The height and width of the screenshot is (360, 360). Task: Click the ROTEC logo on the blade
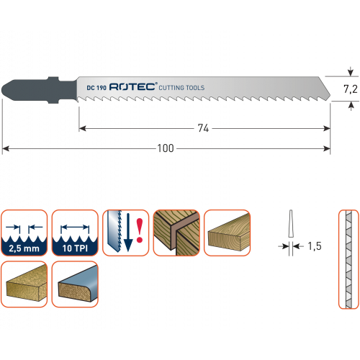tap(133, 86)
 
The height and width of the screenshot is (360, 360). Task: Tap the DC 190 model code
tap(96, 88)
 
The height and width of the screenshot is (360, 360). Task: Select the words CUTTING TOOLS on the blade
tap(181, 88)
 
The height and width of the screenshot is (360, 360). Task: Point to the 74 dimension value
tap(203, 128)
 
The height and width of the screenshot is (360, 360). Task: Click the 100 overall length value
tap(166, 148)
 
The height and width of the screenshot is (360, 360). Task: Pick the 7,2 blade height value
tap(351, 89)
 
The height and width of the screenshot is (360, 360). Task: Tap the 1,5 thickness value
tap(315, 246)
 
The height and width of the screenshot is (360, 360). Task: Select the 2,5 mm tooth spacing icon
tap(24, 233)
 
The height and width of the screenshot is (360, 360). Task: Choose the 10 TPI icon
tap(75, 233)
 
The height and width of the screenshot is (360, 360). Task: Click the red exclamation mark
tap(140, 230)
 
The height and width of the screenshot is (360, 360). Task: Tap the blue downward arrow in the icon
tap(128, 233)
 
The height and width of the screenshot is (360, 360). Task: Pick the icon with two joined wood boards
tap(176, 233)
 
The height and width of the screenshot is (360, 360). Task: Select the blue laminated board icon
tap(75, 284)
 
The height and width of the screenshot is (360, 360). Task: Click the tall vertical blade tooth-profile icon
tap(348, 259)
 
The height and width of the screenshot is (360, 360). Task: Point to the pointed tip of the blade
tap(330, 96)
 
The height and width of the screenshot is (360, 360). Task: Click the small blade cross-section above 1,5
tap(291, 224)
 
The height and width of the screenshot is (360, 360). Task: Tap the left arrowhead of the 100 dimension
tap(5, 149)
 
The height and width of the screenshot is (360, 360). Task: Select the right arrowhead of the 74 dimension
tap(327, 129)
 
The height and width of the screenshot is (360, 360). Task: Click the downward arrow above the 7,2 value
tap(351, 71)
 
